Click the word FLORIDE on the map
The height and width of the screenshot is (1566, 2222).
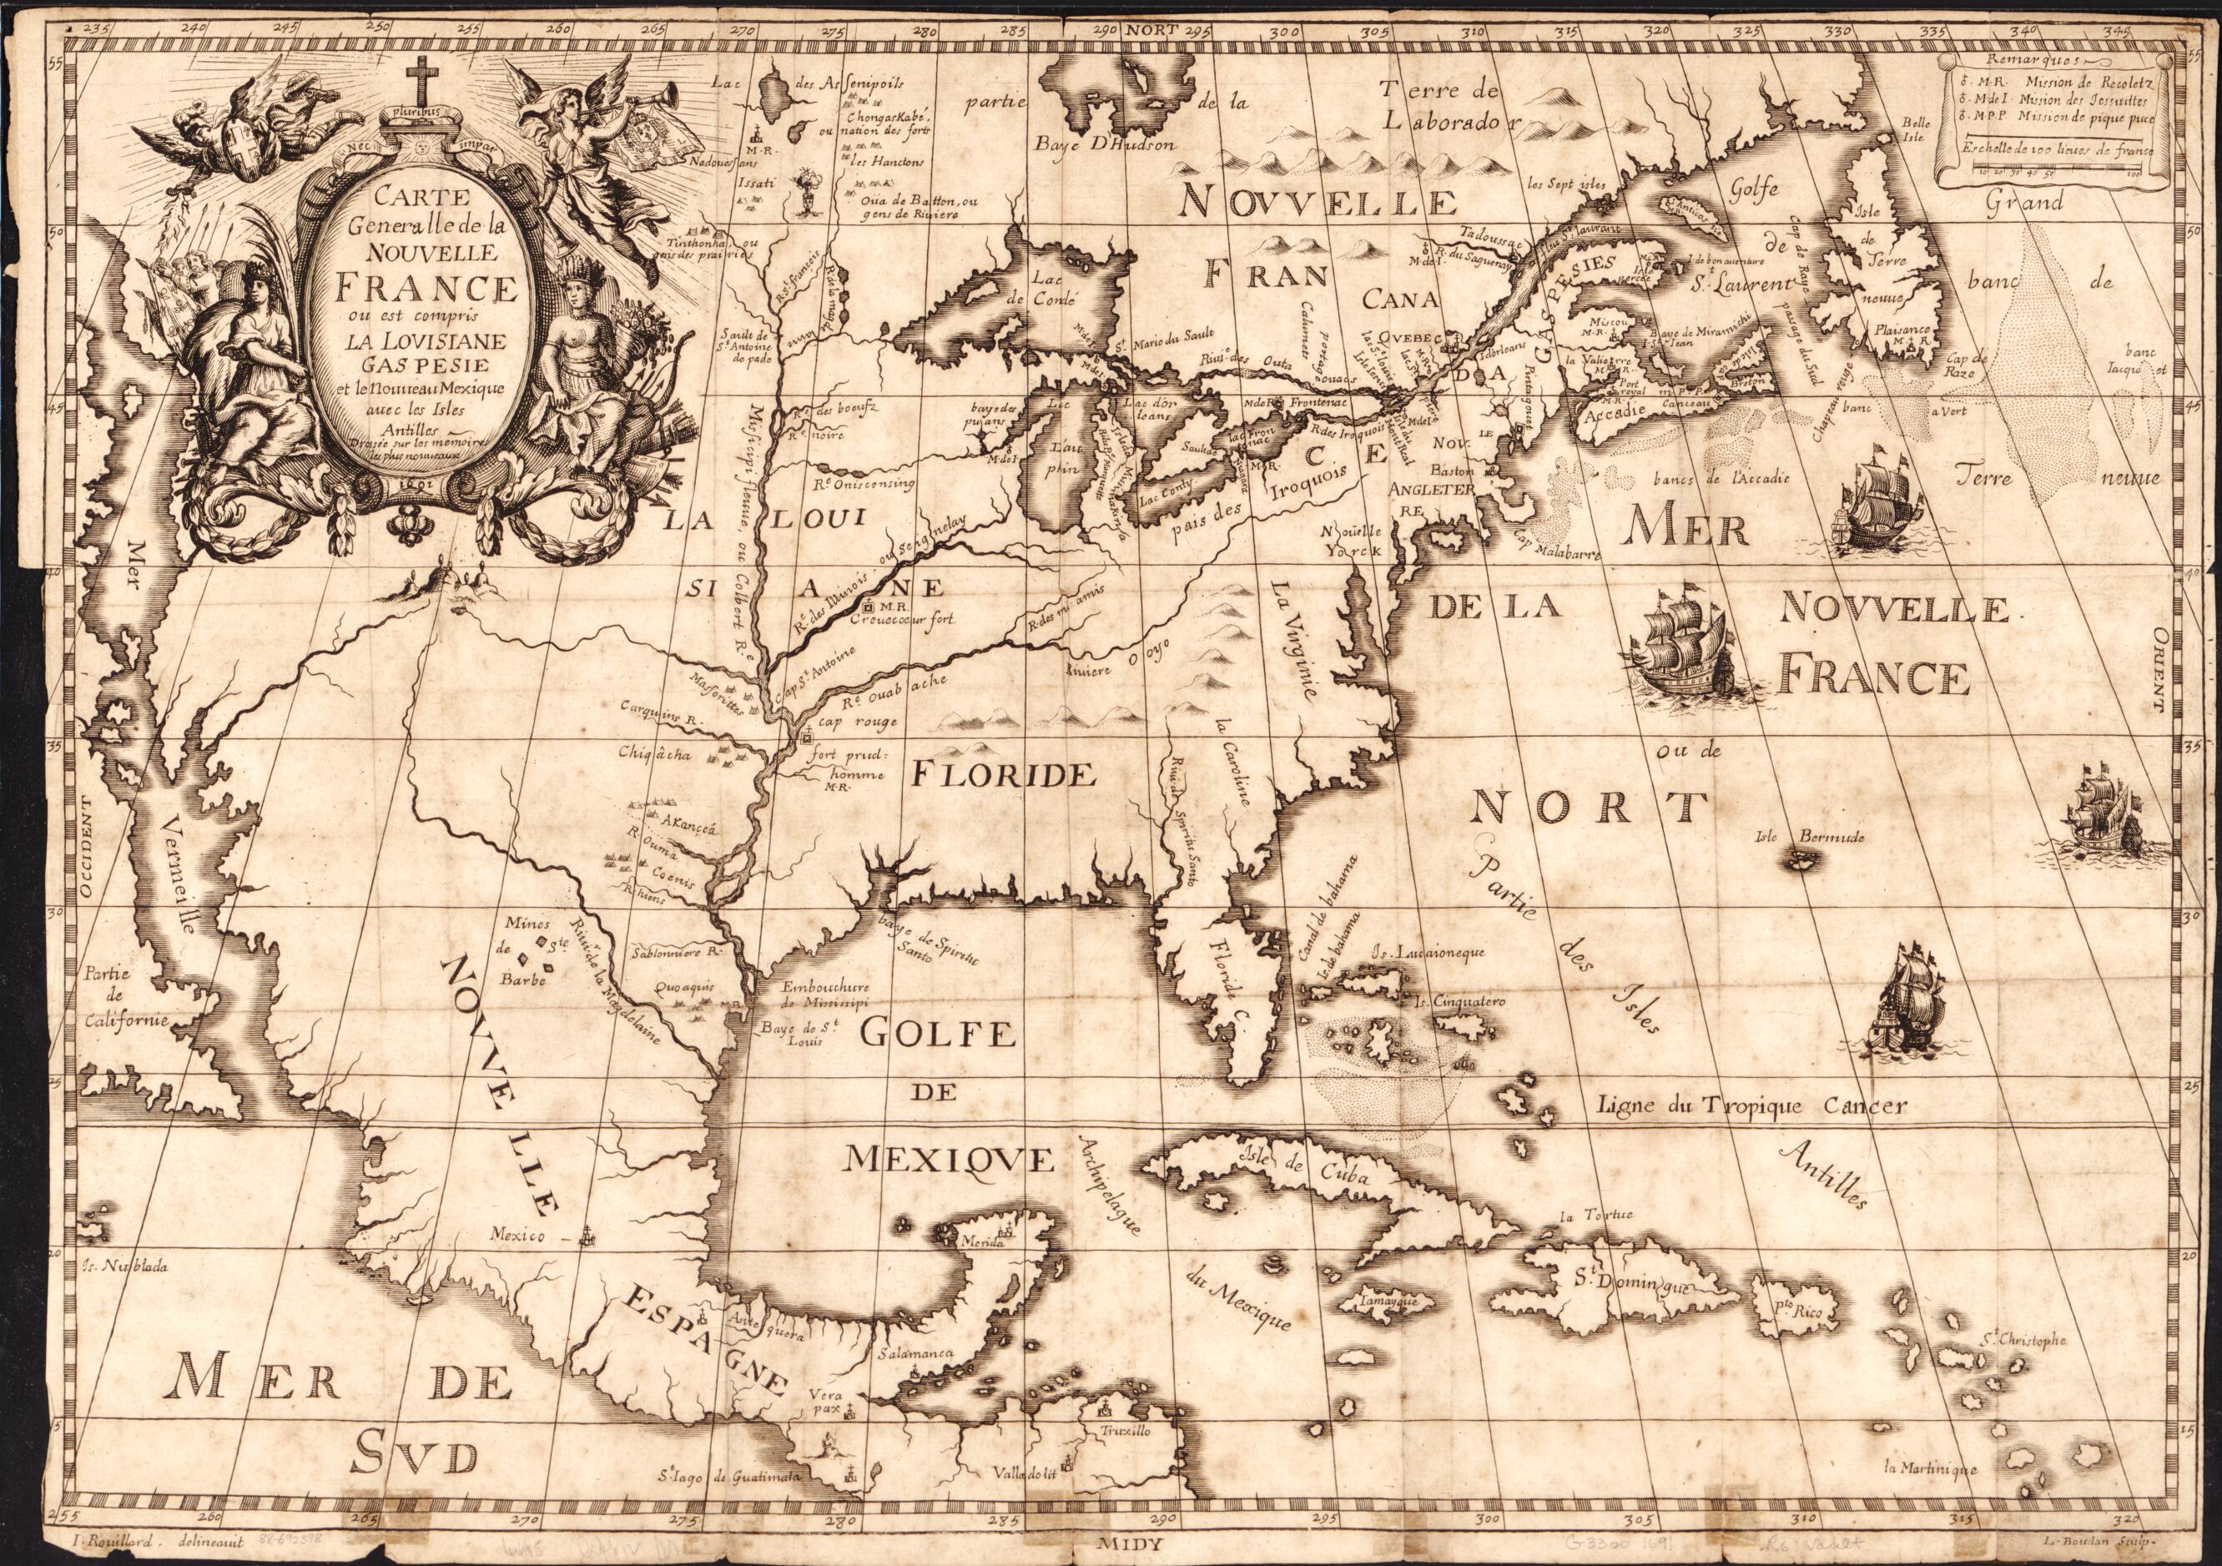(1003, 774)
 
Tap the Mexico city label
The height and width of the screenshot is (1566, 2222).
(519, 1235)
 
